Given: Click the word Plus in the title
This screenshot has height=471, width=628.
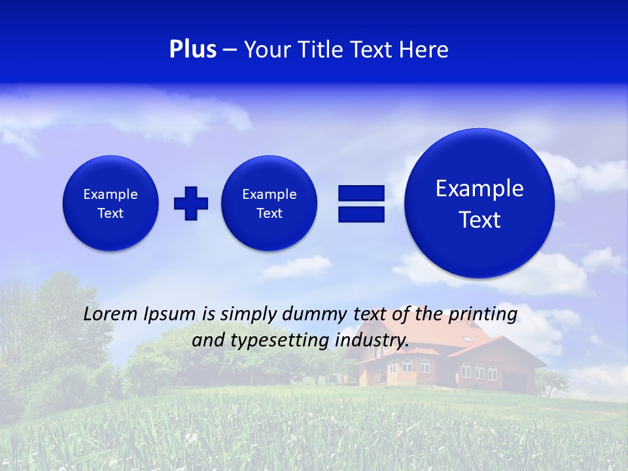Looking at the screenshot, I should (192, 50).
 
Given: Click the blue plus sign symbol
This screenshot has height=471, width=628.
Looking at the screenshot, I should (191, 203).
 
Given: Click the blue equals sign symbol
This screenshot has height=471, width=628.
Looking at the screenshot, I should (361, 203).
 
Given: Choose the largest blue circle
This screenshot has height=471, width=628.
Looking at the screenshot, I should (480, 203).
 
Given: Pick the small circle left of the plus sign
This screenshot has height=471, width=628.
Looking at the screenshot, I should (111, 203).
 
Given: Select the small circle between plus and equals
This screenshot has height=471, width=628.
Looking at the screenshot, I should (269, 203).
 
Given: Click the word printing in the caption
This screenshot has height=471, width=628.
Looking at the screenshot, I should (483, 315).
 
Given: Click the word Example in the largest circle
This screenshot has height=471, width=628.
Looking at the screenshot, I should (480, 188).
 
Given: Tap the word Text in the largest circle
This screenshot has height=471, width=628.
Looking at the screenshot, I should (480, 220).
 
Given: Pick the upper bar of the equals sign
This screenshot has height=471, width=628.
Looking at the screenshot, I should (361, 193).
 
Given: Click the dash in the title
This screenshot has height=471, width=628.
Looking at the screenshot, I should (230, 50).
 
